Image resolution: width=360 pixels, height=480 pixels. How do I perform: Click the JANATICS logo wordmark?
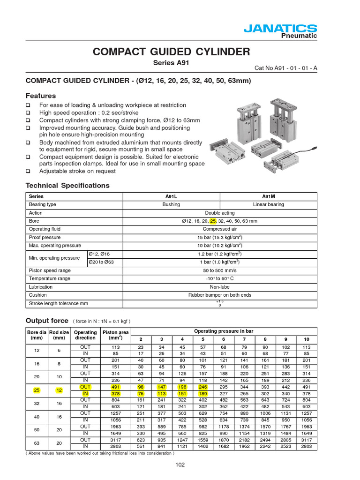point(280,29)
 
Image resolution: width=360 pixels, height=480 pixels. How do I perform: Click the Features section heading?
point(40,96)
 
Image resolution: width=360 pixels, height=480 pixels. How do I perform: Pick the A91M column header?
point(269,196)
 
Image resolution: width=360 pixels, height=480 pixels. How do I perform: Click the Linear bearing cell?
point(269,205)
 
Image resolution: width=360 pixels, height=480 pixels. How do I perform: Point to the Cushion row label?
point(38,295)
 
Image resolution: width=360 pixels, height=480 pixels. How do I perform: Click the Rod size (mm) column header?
point(59,335)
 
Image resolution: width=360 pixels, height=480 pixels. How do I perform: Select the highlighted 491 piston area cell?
point(115,387)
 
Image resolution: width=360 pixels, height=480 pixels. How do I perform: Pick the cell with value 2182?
point(244,440)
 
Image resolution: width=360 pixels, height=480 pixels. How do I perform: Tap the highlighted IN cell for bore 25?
point(85,394)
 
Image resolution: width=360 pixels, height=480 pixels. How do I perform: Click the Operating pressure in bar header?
point(223,331)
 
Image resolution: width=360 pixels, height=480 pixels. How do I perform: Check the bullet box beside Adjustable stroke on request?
point(28,171)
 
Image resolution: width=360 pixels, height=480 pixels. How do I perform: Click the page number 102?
point(180,465)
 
